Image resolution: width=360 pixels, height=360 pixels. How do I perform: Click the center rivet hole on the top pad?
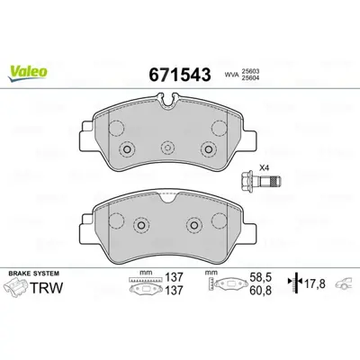[167, 149]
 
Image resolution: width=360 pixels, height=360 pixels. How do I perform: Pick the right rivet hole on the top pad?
[208, 149]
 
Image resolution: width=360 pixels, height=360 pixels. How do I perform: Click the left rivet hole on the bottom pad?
[139, 226]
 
